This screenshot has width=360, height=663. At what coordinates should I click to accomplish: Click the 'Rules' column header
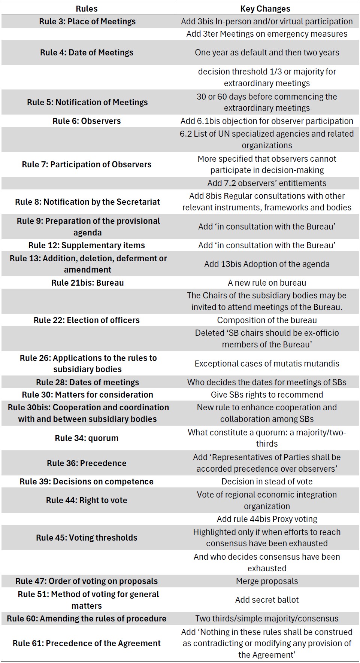click(87, 9)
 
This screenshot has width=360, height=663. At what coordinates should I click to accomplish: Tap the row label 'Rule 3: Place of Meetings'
click(87, 21)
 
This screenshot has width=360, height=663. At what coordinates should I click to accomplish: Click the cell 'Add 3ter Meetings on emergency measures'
click(267, 34)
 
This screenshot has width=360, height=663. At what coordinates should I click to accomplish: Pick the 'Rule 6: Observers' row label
click(87, 121)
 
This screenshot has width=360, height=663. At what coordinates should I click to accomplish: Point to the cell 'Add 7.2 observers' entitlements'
click(267, 183)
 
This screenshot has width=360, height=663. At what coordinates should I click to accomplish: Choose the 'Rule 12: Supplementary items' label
click(87, 245)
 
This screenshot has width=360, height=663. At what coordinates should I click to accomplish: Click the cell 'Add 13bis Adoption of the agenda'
click(267, 264)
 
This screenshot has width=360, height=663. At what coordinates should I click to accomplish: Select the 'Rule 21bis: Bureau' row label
click(87, 283)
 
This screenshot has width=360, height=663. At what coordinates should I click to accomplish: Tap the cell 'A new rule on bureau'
click(267, 283)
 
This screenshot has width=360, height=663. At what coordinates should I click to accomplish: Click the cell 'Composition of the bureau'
click(267, 320)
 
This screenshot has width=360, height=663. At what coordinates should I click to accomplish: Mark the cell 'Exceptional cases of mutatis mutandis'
click(267, 364)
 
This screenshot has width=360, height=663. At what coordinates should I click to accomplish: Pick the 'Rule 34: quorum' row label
click(87, 438)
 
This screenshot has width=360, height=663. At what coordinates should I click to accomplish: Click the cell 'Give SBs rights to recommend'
click(267, 395)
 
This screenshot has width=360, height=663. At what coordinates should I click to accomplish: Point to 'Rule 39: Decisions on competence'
click(87, 481)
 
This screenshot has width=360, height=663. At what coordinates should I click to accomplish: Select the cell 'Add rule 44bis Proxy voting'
click(267, 519)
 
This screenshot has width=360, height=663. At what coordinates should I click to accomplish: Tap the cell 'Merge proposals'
click(267, 581)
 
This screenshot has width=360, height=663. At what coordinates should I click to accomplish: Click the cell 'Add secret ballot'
click(267, 600)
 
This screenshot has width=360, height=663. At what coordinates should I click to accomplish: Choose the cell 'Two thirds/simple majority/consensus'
click(267, 618)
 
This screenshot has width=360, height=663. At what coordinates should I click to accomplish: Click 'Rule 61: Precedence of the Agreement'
click(87, 643)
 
